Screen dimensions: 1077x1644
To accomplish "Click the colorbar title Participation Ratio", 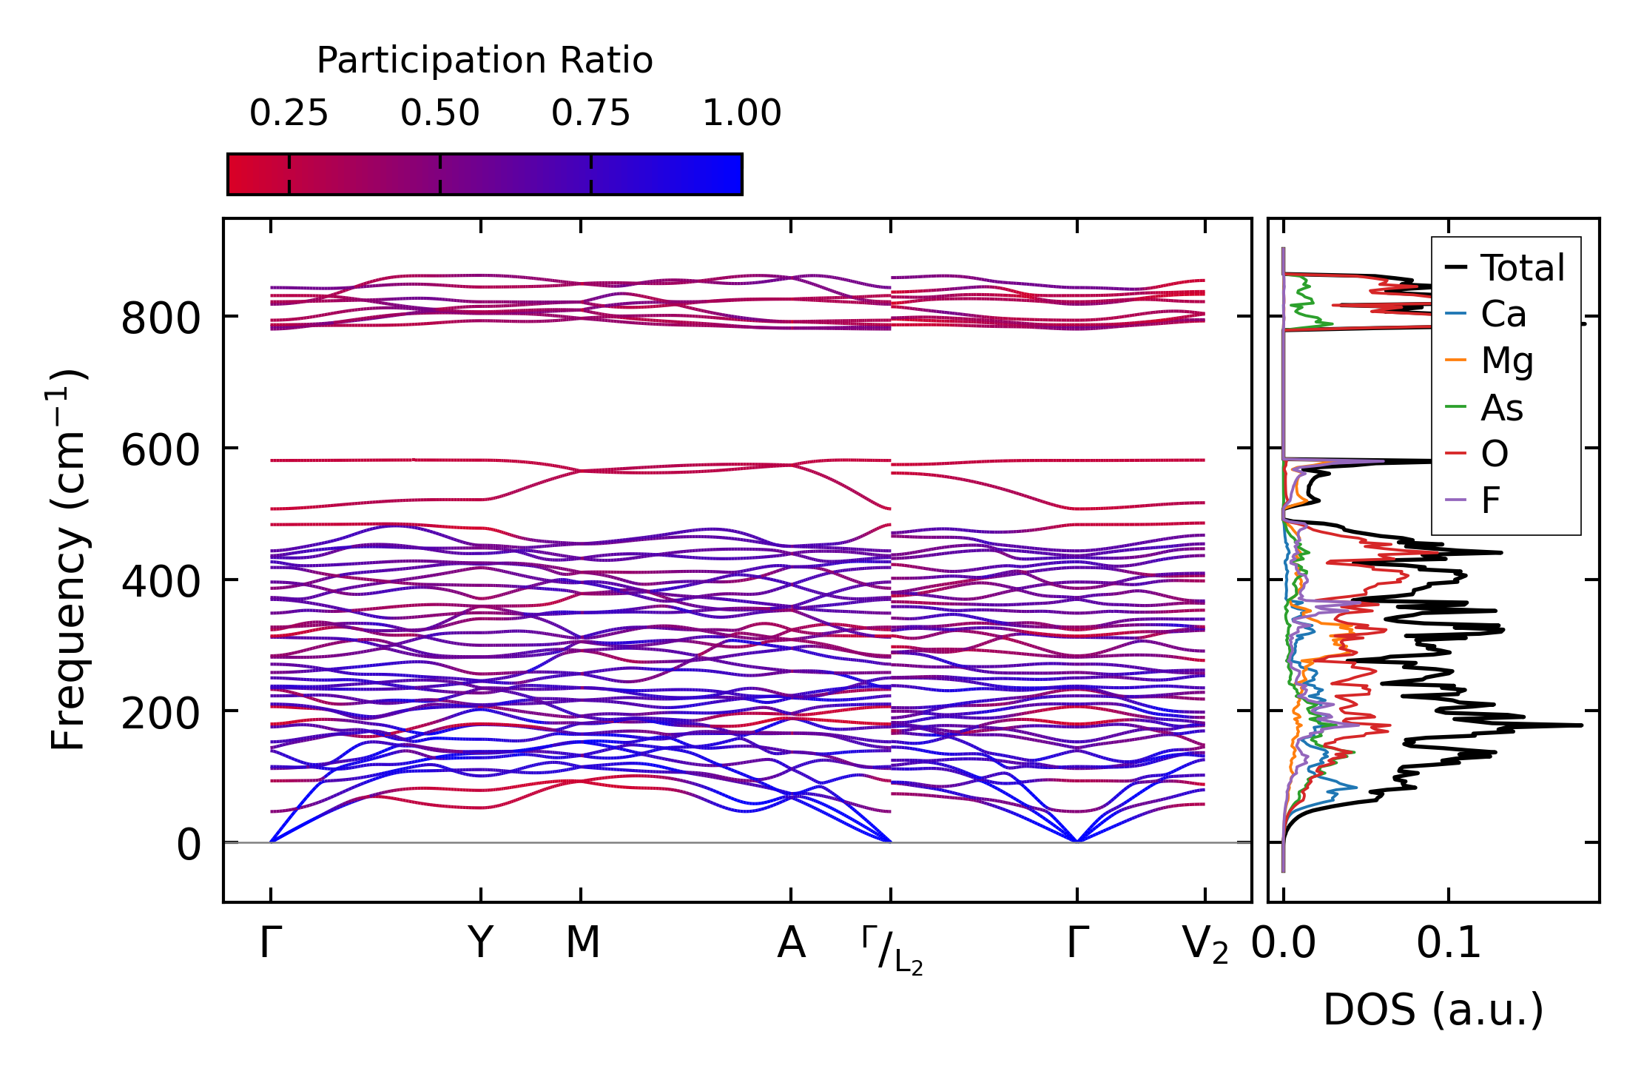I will pos(485,61).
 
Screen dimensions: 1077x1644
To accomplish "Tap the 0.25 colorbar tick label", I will pos(289,114).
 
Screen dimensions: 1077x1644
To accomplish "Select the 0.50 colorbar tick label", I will pos(440,114).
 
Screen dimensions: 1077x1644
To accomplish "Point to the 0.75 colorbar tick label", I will pos(590,114).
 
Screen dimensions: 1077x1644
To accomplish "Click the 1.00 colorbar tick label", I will pos(741,114).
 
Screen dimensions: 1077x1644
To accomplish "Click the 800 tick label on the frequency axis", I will pos(161,320).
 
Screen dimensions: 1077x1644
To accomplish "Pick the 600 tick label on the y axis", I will pos(161,451).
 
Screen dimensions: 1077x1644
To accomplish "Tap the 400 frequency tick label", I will pos(161,583).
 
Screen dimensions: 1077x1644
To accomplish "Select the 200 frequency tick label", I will pos(161,714).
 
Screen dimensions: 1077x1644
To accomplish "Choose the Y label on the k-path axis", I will pos(481,944).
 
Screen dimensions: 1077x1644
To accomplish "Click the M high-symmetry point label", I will pos(582,944).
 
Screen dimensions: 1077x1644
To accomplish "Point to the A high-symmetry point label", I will pos(791,944).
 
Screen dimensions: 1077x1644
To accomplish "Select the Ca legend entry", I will pos(1503,315).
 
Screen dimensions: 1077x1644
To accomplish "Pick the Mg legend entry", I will pos(1506,361).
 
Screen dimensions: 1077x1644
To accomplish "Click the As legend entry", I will pos(1501,408).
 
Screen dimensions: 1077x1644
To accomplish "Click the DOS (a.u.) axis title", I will pos(1433,1010).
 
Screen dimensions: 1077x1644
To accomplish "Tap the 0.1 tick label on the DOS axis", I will pos(1448,944).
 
